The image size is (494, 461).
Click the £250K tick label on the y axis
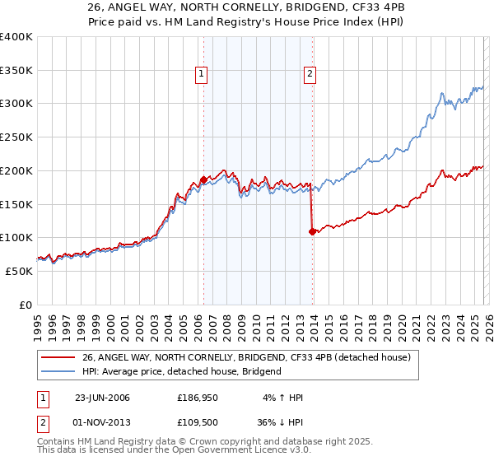click(x=16, y=137)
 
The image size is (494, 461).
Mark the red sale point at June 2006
click(x=203, y=179)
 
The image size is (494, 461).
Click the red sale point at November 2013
click(x=312, y=231)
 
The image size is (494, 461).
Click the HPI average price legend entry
click(x=181, y=371)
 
